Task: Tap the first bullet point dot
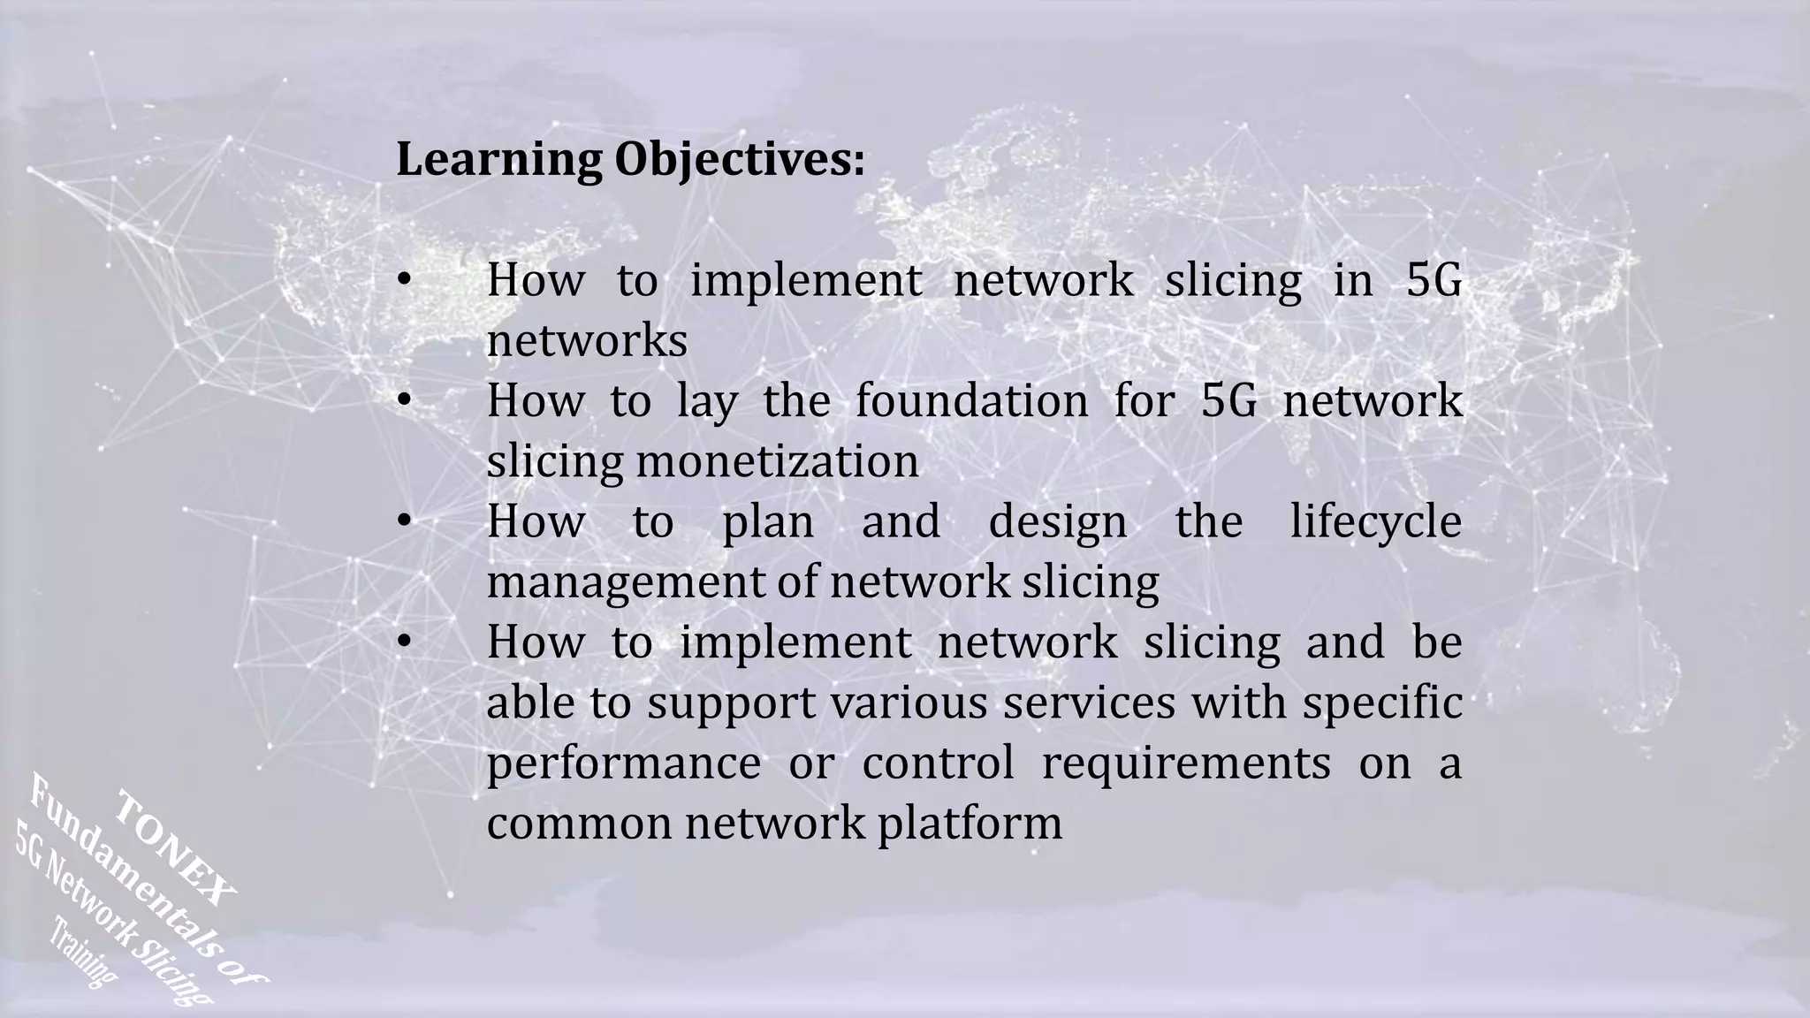pyautogui.click(x=404, y=281)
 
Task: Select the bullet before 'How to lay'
pyautogui.click(x=404, y=401)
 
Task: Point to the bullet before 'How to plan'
pyautogui.click(x=404, y=521)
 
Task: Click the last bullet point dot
pyautogui.click(x=404, y=642)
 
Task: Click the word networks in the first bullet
pyautogui.click(x=587, y=341)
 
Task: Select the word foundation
pyautogui.click(x=971, y=401)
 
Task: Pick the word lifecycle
pyautogui.click(x=1375, y=521)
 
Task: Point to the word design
pyautogui.click(x=1057, y=521)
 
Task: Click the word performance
pyautogui.click(x=623, y=763)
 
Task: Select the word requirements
pyautogui.click(x=1185, y=763)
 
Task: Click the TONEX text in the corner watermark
pyautogui.click(x=177, y=848)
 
